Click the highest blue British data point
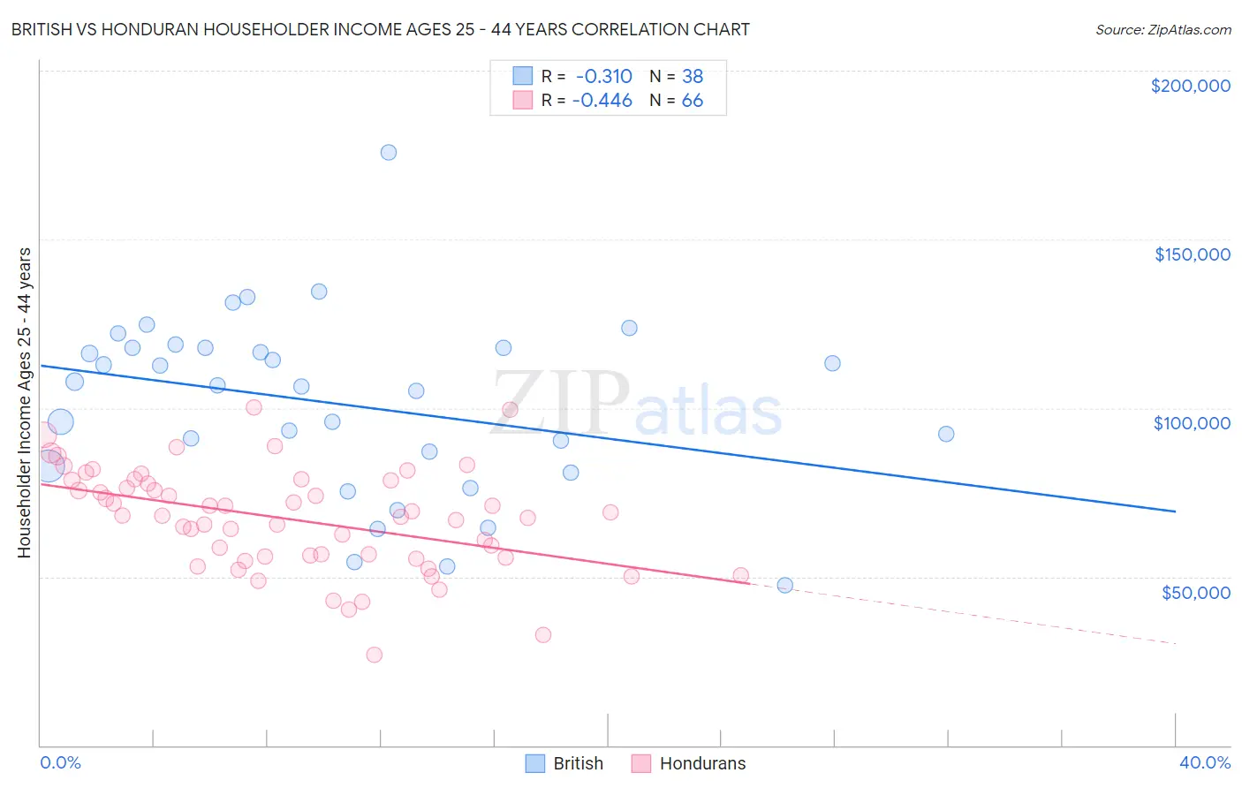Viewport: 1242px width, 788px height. (x=389, y=152)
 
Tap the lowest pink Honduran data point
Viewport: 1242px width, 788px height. (x=374, y=655)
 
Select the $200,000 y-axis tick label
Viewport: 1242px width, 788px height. (x=1190, y=86)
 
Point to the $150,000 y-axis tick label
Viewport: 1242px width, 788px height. (x=1192, y=254)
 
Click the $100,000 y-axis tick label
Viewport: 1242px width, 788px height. (x=1192, y=423)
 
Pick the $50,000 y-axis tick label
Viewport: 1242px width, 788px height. (x=1195, y=592)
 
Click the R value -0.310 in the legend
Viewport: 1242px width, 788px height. (x=603, y=76)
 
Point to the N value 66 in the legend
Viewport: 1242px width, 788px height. (x=693, y=101)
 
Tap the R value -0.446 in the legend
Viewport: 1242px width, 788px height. (x=602, y=101)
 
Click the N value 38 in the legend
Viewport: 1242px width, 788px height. (x=693, y=76)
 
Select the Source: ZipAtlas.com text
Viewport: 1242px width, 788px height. (x=1162, y=30)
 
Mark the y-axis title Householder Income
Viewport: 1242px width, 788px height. (x=24, y=402)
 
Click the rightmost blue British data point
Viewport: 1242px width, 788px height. (x=946, y=434)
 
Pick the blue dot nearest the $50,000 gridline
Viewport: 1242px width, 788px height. (x=784, y=585)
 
